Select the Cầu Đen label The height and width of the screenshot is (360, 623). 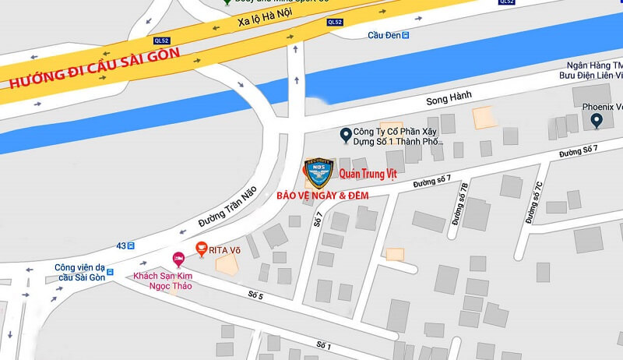coord(385,34)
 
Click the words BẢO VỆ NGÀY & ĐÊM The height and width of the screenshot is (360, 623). coord(322,195)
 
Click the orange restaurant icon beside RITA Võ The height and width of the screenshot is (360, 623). coord(201,249)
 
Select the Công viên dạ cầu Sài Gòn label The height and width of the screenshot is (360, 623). coord(79,272)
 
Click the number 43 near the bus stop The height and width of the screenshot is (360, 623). coord(121,245)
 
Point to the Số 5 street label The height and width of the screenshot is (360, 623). coord(256,295)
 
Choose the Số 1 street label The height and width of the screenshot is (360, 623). coord(324,344)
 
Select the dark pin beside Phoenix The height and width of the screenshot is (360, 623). coord(597,121)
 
